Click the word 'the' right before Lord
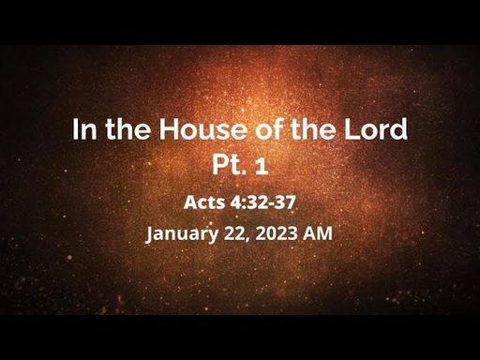click(313, 128)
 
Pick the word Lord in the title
click(376, 128)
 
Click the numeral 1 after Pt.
click(262, 166)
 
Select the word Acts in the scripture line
click(204, 202)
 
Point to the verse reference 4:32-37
click(262, 202)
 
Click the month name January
click(183, 233)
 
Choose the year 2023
click(277, 233)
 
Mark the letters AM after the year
click(318, 233)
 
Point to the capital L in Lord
click(352, 129)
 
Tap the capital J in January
click(150, 234)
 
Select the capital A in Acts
click(189, 202)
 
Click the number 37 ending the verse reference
click(287, 202)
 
